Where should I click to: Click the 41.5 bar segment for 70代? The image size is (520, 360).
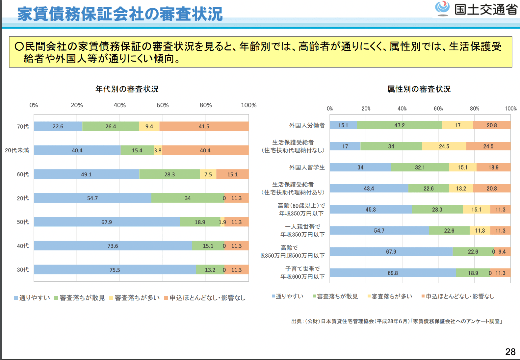point(204,126)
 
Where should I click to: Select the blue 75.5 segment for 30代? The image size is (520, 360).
point(115,270)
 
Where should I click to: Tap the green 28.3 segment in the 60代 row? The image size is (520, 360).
point(169,174)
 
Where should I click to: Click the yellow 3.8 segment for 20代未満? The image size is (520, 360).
point(158,150)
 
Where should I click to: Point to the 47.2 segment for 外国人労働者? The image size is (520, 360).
point(400,125)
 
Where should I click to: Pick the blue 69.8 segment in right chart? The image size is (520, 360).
point(393,273)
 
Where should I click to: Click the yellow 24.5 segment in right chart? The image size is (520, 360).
point(444,146)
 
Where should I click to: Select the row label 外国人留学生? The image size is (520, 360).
point(307,167)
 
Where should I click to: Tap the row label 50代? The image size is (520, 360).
point(23,222)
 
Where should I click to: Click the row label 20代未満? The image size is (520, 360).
point(17,150)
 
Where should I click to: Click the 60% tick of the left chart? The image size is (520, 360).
point(163,105)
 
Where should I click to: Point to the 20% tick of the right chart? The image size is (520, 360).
point(366,109)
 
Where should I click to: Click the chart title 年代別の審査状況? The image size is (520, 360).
point(127,89)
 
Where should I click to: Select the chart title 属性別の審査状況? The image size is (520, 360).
point(419,89)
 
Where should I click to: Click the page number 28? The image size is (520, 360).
point(510,352)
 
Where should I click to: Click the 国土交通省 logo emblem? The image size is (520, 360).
point(442,9)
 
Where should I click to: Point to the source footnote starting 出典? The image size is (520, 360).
point(397,321)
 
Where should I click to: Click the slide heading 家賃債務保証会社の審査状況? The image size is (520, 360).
point(120,14)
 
